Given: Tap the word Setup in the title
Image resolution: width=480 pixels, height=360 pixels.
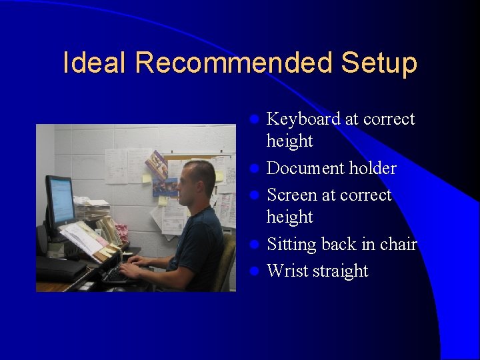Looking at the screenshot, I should pos(379,63).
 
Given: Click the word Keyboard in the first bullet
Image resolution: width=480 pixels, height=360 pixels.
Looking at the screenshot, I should pos(304,119).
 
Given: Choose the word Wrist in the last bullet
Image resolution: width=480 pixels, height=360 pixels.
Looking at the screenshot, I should pos(285,271).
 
